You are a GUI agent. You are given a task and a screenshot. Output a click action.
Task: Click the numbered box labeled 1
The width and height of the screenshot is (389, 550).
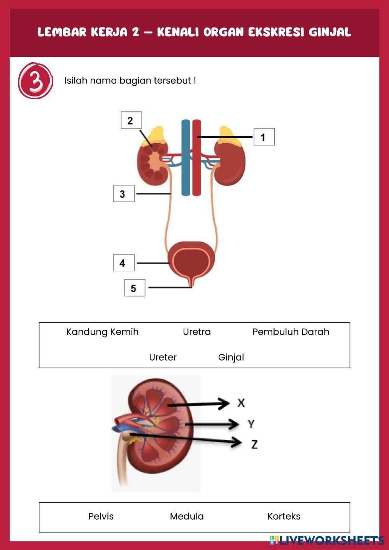(264, 137)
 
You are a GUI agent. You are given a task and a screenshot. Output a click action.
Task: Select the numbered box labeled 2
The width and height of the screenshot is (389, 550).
(131, 120)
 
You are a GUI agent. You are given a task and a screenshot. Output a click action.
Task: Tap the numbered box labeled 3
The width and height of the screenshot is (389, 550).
(124, 194)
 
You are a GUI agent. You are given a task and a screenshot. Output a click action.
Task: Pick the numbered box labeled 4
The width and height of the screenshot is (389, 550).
(124, 263)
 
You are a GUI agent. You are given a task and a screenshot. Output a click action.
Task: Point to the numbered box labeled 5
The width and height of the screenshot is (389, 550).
(135, 288)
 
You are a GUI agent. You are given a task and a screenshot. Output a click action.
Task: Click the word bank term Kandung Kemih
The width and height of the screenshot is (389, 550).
(102, 332)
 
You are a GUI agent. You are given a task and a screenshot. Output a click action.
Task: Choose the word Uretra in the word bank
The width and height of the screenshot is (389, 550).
(197, 332)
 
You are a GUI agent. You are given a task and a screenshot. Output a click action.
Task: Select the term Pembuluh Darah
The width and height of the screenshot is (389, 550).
(291, 332)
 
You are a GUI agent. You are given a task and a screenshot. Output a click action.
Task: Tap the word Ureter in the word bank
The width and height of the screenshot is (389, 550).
(163, 357)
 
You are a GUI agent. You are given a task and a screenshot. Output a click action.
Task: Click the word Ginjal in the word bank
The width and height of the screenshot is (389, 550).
(231, 357)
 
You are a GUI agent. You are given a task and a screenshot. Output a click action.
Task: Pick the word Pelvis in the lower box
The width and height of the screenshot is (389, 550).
(101, 516)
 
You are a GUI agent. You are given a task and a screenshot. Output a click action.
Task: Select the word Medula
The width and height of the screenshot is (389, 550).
(187, 516)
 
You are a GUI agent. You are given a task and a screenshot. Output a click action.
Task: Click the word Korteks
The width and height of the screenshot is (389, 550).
(284, 516)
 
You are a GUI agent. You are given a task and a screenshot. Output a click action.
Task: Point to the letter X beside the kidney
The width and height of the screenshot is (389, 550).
(241, 403)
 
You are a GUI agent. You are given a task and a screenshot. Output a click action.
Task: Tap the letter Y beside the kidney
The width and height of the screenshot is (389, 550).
(251, 424)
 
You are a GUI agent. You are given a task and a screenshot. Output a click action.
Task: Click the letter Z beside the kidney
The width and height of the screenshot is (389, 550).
(254, 444)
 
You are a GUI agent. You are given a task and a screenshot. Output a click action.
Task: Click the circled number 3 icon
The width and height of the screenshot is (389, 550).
(35, 81)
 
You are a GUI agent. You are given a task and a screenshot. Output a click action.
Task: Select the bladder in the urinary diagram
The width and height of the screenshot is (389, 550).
(191, 259)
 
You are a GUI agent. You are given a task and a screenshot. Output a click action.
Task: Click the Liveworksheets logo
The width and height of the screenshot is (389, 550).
(326, 540)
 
